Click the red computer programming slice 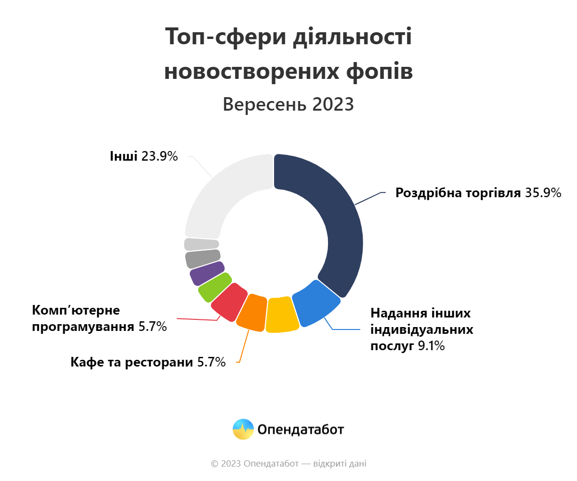click(x=229, y=302)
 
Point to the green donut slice click(x=214, y=287)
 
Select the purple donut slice click(x=207, y=273)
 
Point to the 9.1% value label click(x=431, y=346)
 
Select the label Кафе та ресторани click(x=132, y=362)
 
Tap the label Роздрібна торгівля click(x=458, y=193)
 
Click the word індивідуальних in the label click(x=422, y=330)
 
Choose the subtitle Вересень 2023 click(x=288, y=104)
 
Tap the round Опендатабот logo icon click(x=243, y=429)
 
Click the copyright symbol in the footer click(x=214, y=464)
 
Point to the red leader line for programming click(x=197, y=318)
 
